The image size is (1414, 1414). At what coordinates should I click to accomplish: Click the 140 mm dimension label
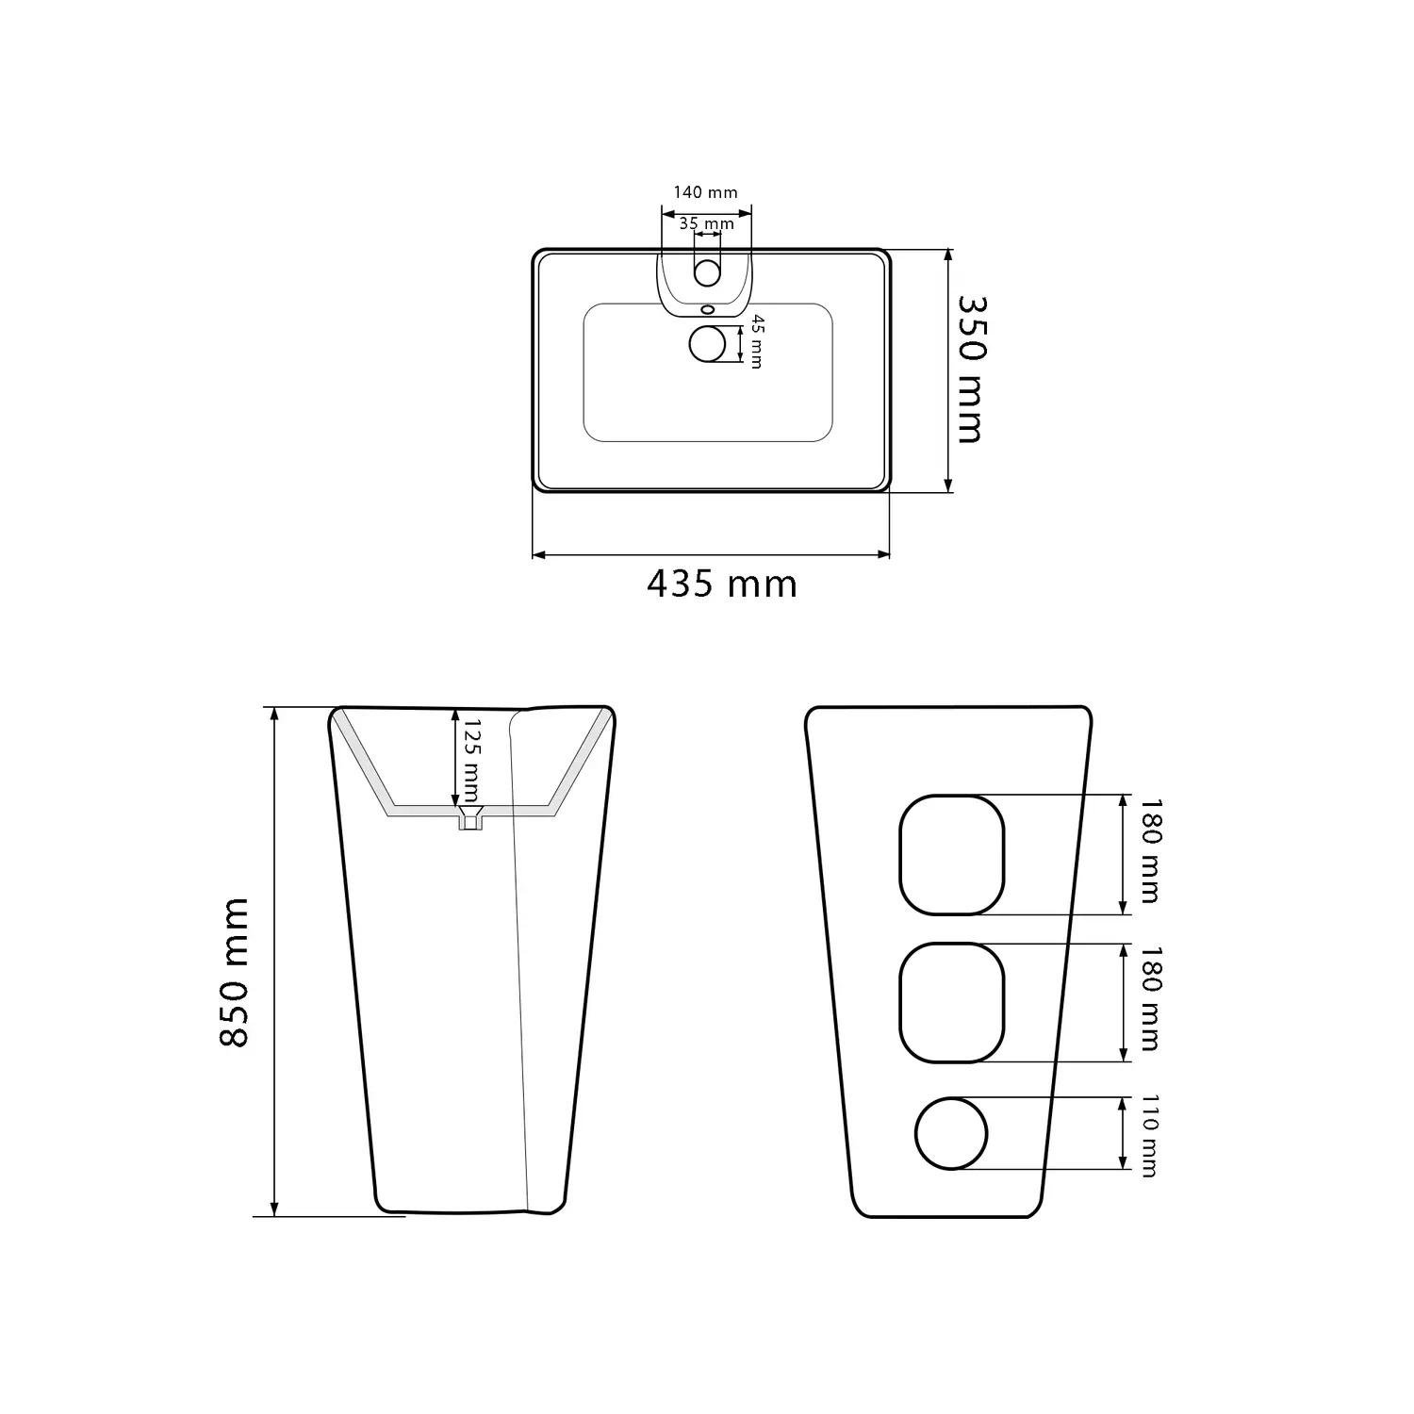[705, 192]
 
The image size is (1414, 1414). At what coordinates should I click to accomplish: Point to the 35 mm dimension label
[706, 223]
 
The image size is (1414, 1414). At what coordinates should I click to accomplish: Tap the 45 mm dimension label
[755, 342]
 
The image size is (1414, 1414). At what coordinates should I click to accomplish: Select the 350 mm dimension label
[971, 369]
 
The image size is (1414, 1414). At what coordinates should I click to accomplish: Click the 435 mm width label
[722, 584]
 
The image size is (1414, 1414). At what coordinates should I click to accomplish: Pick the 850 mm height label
[234, 972]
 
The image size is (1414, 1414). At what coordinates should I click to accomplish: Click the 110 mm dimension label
[1147, 1135]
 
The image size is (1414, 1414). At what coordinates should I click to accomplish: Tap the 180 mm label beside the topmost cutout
[1149, 851]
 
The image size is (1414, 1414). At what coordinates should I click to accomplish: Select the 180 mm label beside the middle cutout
[1149, 999]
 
